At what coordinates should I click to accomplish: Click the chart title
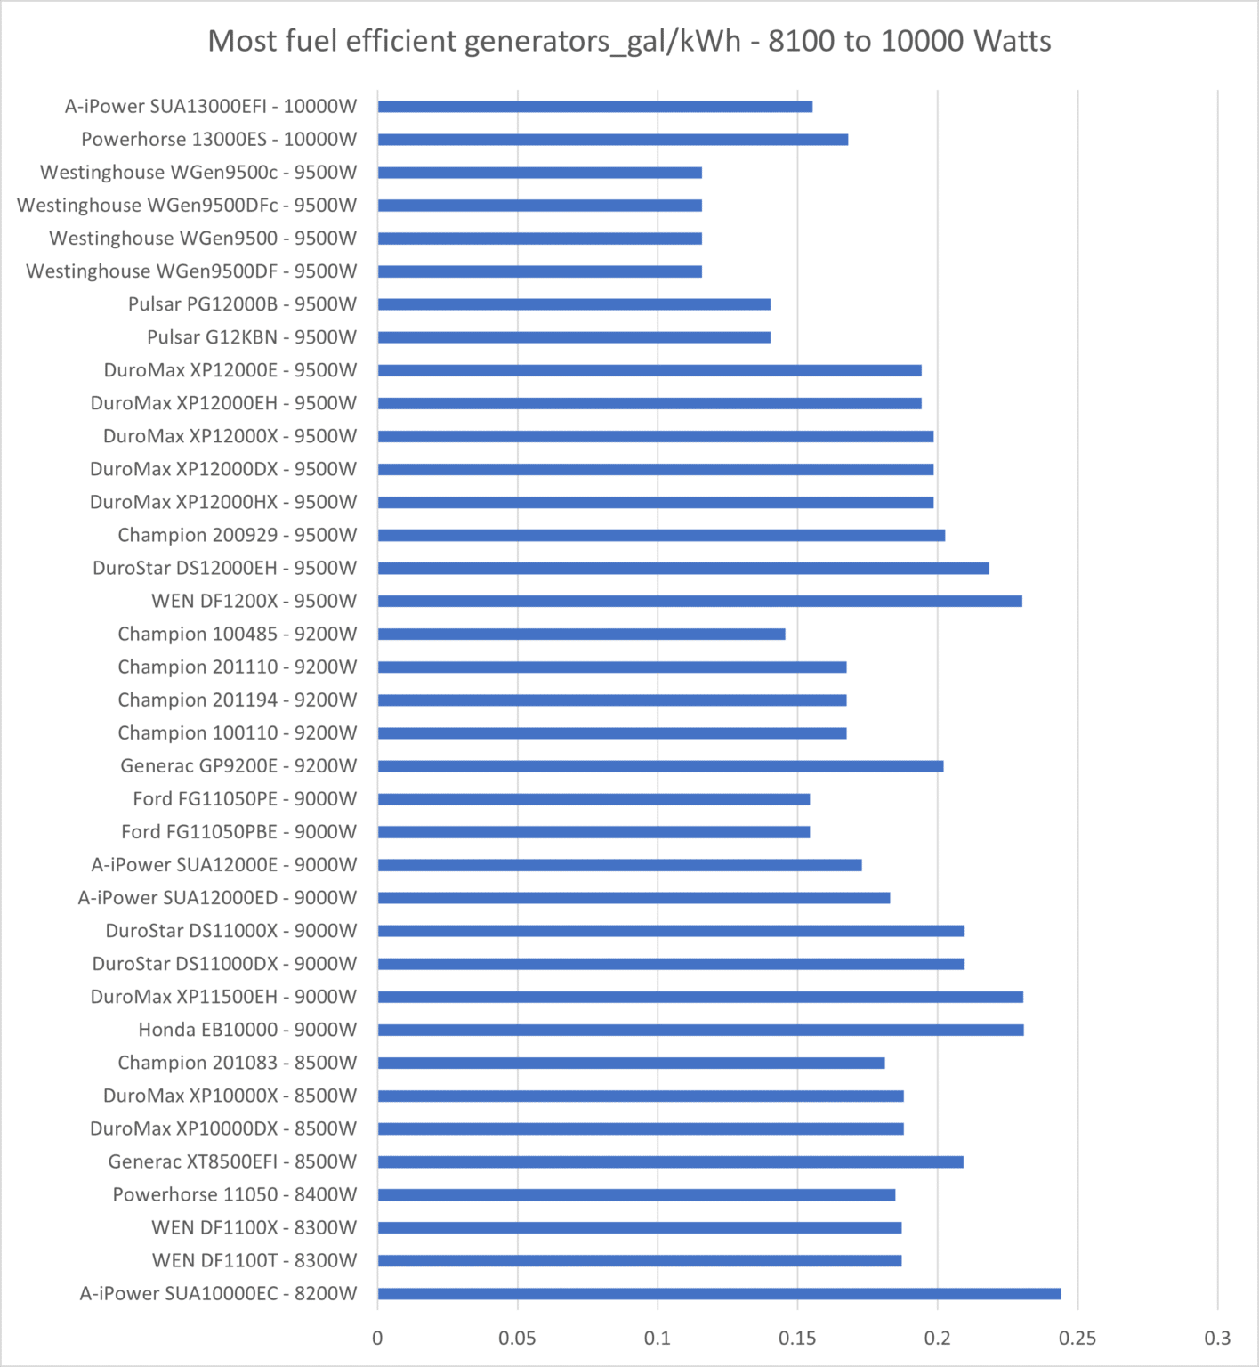tap(629, 41)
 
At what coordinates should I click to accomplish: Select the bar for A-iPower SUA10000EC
tap(719, 1293)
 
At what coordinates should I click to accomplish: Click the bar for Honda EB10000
tap(700, 1030)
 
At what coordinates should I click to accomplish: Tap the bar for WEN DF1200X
tap(699, 601)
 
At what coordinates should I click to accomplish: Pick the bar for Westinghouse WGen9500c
tap(539, 173)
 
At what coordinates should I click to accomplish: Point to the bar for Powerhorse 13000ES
tap(612, 140)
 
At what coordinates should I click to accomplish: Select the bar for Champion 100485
tap(581, 634)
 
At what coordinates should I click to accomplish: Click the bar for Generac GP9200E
tap(660, 765)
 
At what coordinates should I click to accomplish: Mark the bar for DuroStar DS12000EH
tap(683, 568)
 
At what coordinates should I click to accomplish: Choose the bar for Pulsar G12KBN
tap(574, 337)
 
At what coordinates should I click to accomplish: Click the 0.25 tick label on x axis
tap(1077, 1338)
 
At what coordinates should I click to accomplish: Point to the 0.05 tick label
tap(517, 1338)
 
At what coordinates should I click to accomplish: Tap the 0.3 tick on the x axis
tap(1217, 1338)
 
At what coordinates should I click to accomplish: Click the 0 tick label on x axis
tap(377, 1338)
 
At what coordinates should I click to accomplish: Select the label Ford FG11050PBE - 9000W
tap(238, 831)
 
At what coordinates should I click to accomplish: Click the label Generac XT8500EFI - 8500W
tap(232, 1161)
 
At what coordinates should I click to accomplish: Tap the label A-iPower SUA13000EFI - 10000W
tap(211, 107)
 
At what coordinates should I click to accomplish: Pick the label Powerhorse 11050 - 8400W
tap(234, 1194)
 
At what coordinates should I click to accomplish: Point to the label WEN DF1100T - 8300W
tap(254, 1260)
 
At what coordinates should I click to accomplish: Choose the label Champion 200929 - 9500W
tap(237, 535)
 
